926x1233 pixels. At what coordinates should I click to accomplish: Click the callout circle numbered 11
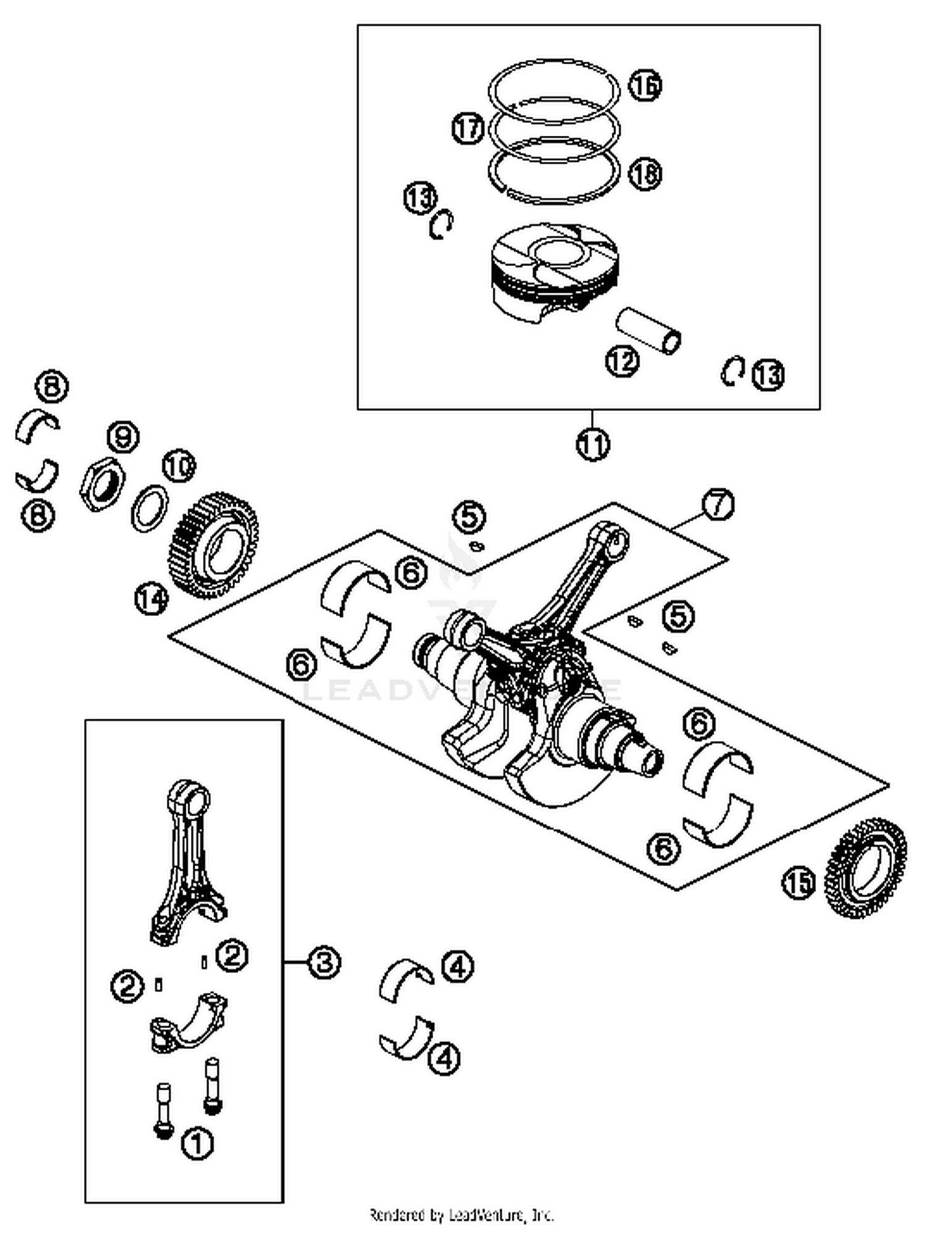593,443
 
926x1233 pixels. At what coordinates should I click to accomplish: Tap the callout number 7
718,504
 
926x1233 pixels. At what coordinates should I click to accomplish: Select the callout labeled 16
645,85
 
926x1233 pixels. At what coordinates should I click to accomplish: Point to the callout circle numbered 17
467,128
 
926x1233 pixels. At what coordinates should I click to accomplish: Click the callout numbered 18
645,174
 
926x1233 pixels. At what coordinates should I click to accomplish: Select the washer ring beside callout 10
150,508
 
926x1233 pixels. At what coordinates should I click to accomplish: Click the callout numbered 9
123,437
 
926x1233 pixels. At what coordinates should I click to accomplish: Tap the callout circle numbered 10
178,467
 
